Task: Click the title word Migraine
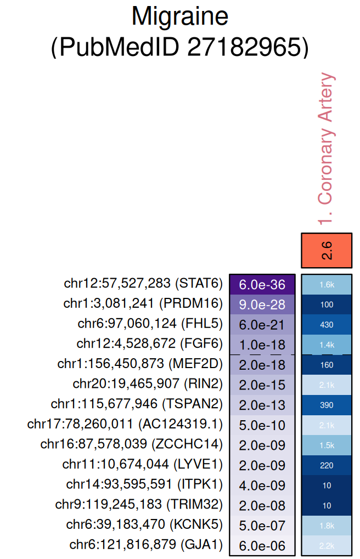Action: tap(179, 18)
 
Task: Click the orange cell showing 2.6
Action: tap(327, 250)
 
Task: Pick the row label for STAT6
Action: tap(143, 284)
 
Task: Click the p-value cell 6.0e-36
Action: tap(262, 284)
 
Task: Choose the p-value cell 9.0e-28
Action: tap(262, 304)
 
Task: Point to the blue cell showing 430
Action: tap(327, 324)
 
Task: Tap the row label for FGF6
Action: tap(150, 344)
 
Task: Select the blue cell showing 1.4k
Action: tap(327, 345)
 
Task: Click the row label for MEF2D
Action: tap(140, 364)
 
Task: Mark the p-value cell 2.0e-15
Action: tap(262, 385)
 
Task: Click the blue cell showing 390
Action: tap(327, 404)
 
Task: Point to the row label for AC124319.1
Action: tap(125, 424)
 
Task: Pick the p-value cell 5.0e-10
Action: tap(262, 425)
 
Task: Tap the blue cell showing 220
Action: tap(327, 465)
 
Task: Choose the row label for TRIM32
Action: tap(139, 504)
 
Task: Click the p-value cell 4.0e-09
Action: tap(262, 485)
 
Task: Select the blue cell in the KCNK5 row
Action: tap(327, 525)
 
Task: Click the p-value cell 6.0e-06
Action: tap(262, 545)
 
